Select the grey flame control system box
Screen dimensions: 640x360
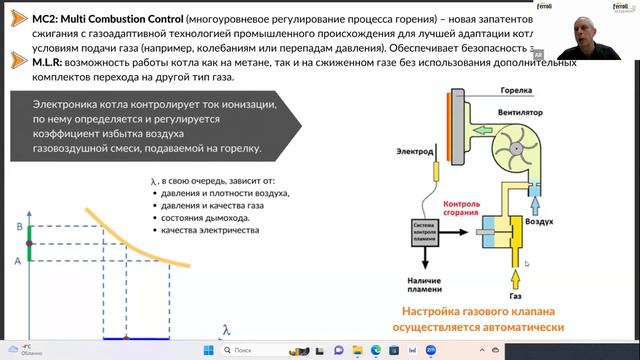(425, 231)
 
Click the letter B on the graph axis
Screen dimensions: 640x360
(19, 227)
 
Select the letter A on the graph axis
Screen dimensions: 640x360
(19, 259)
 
